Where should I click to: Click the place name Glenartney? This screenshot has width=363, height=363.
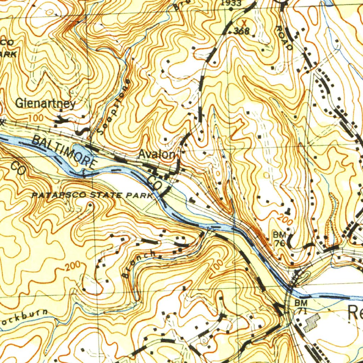pyautogui.click(x=46, y=104)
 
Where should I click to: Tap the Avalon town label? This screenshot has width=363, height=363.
pyautogui.click(x=156, y=155)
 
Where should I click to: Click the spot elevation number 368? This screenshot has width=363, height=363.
pyautogui.click(x=242, y=32)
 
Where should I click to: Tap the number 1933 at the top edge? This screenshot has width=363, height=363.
pyautogui.click(x=231, y=3)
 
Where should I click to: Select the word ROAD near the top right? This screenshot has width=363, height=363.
pyautogui.click(x=284, y=38)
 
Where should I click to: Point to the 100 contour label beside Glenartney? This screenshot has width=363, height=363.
pyautogui.click(x=35, y=117)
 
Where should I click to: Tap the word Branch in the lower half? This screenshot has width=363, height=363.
pyautogui.click(x=138, y=264)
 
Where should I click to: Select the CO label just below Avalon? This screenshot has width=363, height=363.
pyautogui.click(x=155, y=182)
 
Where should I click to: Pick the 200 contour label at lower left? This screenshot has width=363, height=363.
pyautogui.click(x=74, y=266)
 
